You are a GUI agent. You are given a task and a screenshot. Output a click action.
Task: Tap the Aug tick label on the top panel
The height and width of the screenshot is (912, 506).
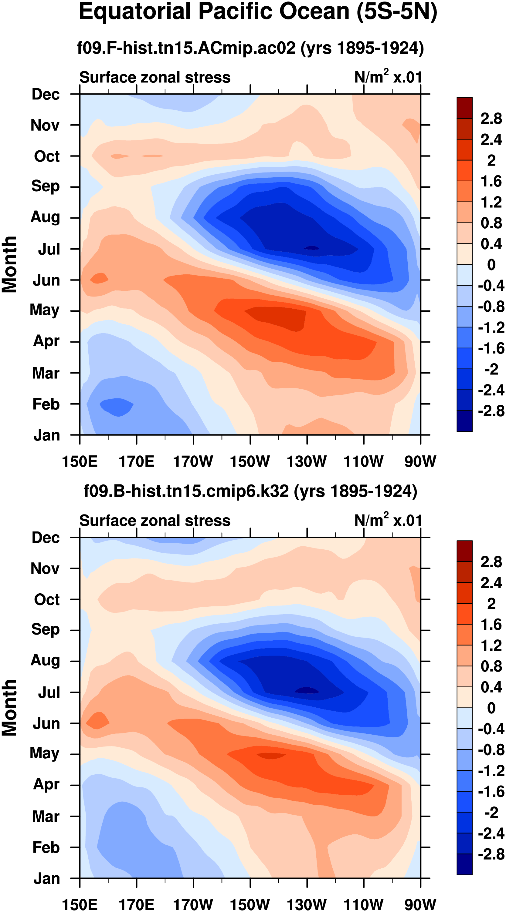[x=45, y=217]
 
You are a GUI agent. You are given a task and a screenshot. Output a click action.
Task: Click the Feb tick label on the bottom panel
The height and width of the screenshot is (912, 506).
[x=46, y=847]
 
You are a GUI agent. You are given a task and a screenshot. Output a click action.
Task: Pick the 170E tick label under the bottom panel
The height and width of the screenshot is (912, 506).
[x=136, y=904]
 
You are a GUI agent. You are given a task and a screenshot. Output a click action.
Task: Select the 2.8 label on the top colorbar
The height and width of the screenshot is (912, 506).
[x=491, y=119]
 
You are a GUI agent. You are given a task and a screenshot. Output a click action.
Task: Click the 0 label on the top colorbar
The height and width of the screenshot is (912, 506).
[x=491, y=264]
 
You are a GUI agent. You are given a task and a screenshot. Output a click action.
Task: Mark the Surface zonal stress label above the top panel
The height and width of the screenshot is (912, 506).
[x=155, y=77]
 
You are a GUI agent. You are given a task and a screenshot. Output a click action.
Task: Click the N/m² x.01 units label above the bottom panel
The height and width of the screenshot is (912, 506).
[x=388, y=521]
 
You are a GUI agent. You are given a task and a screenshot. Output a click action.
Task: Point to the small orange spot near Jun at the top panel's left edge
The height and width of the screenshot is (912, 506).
[x=99, y=278]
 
